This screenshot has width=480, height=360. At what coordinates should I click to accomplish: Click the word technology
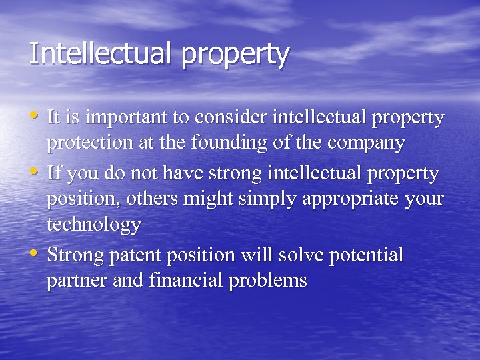[x=93, y=225]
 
